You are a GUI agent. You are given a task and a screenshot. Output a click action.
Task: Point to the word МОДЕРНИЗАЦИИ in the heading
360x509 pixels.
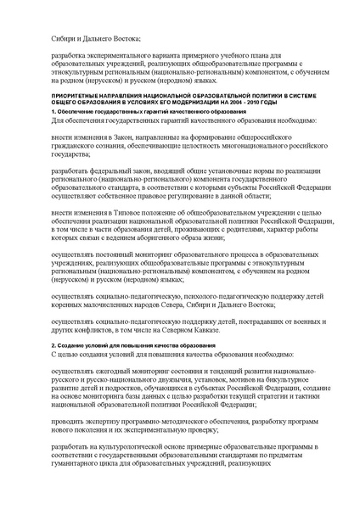click(198, 105)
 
